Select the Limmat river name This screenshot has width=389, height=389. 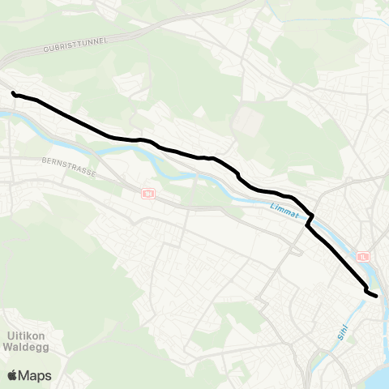[281, 211]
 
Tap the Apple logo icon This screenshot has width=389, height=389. [12, 375]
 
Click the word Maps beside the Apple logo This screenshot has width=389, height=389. [36, 375]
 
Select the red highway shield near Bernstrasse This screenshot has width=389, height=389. [147, 194]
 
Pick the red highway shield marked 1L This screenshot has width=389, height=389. [362, 256]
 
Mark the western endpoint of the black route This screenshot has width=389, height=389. [14, 93]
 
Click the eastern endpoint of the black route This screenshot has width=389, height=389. [376, 296]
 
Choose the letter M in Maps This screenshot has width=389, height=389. [26, 375]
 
